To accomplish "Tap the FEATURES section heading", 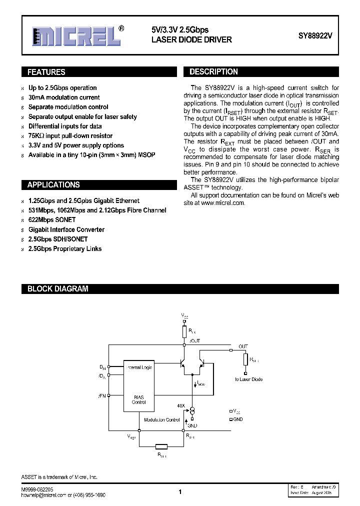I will tap(46, 72).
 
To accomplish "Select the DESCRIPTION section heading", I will tap(213, 72).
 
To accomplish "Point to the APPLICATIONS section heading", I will tap(53, 185).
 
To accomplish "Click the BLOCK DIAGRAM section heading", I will tap(57, 289).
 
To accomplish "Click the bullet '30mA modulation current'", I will tap(64, 97).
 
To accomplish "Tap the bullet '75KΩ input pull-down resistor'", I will tap(70, 136).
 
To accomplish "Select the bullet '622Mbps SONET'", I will tap(52, 220).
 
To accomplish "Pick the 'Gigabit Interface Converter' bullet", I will tap(66, 229).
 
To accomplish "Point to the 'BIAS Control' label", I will tap(139, 400).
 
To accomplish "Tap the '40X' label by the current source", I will tap(181, 405).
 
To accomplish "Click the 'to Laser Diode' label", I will tap(248, 379).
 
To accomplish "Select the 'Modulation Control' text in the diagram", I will tap(161, 420).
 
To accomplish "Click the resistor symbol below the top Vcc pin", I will tap(184, 331).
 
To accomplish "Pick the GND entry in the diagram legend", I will tap(238, 419).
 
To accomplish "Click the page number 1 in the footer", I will tap(180, 492).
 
